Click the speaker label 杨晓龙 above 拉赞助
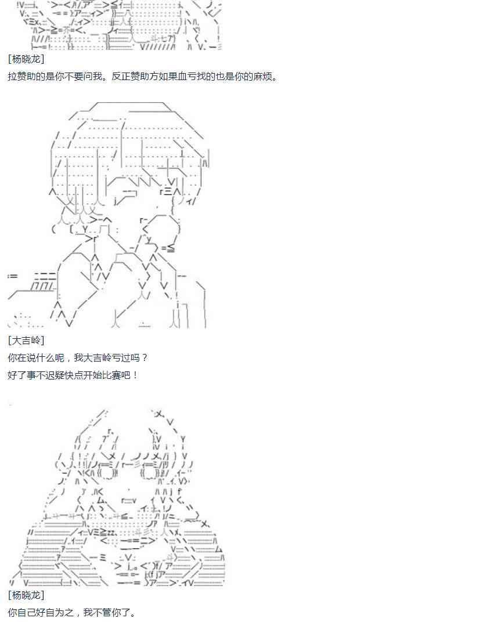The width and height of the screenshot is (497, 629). [x=26, y=59]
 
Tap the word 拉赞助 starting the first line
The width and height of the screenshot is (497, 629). [x=21, y=76]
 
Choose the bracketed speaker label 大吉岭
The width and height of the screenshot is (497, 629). [x=26, y=341]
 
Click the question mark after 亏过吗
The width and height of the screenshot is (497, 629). [x=145, y=357]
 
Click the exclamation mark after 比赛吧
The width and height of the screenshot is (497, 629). [x=135, y=375]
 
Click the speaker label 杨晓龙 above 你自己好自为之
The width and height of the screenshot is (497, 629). [x=26, y=595]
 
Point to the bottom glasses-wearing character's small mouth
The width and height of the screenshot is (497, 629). [x=128, y=501]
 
